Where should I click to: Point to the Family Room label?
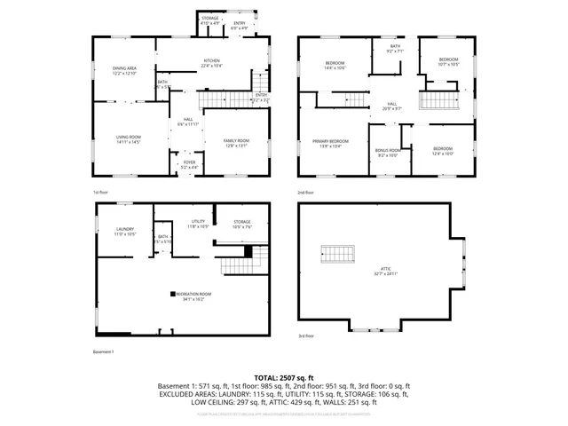pos(236,139)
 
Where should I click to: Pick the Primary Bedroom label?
pos(329,143)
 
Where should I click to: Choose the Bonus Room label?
pos(388,152)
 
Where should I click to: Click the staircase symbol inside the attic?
pos(336,254)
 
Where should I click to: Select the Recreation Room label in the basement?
pos(193,294)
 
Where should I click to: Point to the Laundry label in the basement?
pos(124,231)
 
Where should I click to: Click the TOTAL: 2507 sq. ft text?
pos(284,377)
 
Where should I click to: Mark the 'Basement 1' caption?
pos(104,352)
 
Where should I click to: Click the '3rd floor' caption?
pos(305,336)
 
